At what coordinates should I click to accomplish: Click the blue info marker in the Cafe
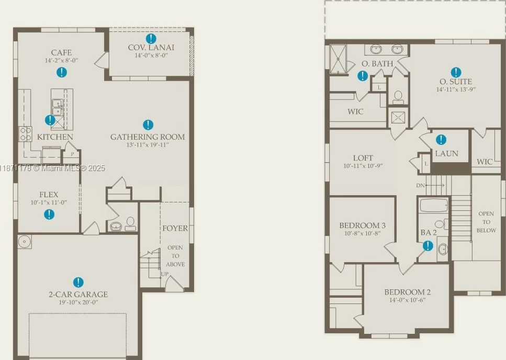pos(62,72)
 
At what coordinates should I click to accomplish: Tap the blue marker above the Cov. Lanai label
pos(151,39)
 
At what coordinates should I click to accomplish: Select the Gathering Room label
pos(148,137)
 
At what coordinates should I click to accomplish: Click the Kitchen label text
pos(55,137)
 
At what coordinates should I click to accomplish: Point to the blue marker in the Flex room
pos(49,215)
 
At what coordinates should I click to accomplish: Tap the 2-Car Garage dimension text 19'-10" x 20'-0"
pos(78,302)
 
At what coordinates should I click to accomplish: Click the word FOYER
pos(175,228)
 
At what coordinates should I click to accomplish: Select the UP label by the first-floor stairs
pos(165,274)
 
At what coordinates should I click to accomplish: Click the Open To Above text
pos(175,256)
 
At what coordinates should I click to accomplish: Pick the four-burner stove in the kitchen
pos(25,134)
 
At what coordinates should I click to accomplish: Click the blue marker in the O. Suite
pos(456,73)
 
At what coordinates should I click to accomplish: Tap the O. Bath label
pos(377,64)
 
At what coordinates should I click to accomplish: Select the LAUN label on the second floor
pos(447,153)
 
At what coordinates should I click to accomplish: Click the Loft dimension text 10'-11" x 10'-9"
pos(363,166)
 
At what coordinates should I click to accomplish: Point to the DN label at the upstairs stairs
pos(420,185)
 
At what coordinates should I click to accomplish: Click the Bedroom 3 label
pos(363,226)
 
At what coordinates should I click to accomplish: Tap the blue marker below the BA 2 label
pos(428,246)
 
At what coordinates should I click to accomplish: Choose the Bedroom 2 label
pos(407,292)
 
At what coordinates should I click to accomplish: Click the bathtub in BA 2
pos(434,205)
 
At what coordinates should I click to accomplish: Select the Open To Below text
pos(486,222)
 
